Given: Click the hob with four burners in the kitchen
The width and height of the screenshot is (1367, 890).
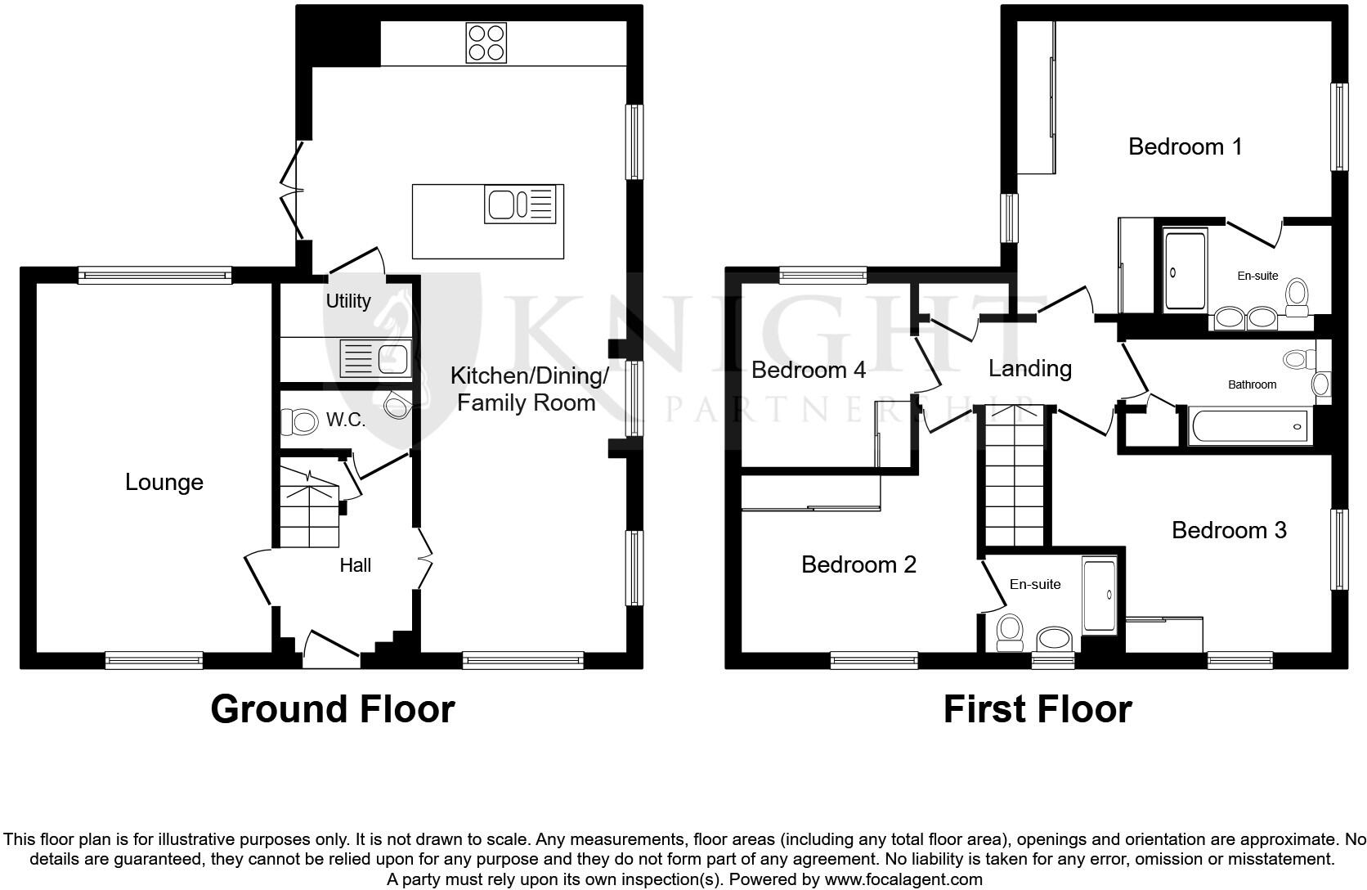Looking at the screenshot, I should (486, 43).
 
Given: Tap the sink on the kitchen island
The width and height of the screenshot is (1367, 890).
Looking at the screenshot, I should (502, 205).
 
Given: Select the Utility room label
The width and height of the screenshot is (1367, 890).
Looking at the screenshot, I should (348, 301).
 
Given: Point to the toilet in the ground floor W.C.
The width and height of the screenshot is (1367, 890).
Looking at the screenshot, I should (300, 422).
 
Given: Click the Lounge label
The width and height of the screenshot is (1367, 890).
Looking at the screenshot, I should (164, 482).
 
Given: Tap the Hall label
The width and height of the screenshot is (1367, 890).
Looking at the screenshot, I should (356, 565).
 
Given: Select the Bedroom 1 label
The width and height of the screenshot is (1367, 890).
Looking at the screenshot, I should (1185, 146).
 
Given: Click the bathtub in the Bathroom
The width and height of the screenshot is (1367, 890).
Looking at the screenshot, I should (1248, 426).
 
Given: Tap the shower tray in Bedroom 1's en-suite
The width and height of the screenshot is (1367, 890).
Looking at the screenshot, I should (1185, 272).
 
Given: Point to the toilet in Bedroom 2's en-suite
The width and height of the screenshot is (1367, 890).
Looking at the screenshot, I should (1011, 632).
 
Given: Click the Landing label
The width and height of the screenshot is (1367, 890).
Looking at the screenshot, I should (1029, 368).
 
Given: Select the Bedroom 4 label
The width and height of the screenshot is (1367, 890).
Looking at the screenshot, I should (808, 370).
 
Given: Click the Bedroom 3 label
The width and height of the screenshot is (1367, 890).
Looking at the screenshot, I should (1229, 530).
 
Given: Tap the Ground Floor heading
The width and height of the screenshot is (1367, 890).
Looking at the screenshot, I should (332, 708).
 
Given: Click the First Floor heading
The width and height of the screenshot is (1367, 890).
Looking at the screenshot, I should (1038, 708).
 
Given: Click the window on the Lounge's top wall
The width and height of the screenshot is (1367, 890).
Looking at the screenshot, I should (155, 276).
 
